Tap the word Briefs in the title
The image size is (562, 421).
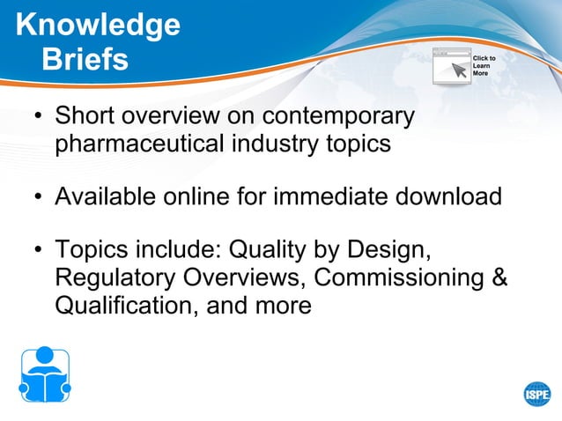(85, 59)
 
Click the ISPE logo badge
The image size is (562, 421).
(536, 394)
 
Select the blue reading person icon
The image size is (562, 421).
(44, 374)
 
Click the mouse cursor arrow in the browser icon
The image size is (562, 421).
(460, 70)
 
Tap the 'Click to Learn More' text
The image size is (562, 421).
(484, 66)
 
